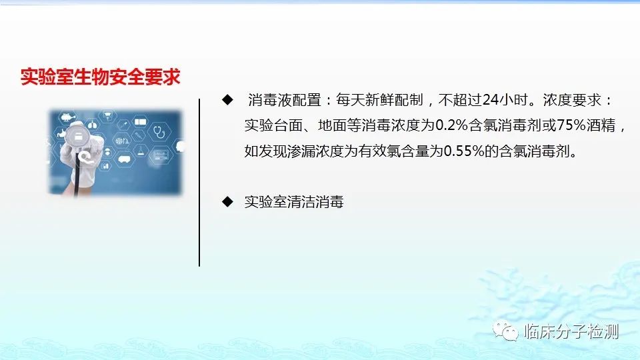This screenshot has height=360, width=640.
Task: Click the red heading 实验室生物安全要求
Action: coord(101,77)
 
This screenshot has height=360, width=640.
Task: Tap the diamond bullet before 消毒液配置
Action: coord(227,99)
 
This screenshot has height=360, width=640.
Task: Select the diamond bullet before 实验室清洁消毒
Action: coord(227,201)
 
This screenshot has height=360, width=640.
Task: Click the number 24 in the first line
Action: coord(490,100)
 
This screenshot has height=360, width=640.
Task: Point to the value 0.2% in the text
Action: coord(452,125)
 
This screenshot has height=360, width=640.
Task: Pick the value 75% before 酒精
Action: coord(571,125)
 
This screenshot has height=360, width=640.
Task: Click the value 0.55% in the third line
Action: coord(464,151)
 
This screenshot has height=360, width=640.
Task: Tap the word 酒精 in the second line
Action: coord(601,125)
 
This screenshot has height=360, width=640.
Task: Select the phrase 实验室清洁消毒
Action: coord(294,201)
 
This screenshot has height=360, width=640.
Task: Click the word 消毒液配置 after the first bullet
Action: coord(285,100)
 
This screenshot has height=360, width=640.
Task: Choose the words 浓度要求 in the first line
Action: coord(572,100)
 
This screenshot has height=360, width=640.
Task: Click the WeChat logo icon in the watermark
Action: coord(505,331)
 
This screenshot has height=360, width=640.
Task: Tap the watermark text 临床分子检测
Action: coord(571,331)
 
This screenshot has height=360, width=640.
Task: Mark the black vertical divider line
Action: coord(199,183)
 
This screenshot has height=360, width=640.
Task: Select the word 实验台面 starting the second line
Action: coord(273,125)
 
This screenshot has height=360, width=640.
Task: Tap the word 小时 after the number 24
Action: coord(513,100)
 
